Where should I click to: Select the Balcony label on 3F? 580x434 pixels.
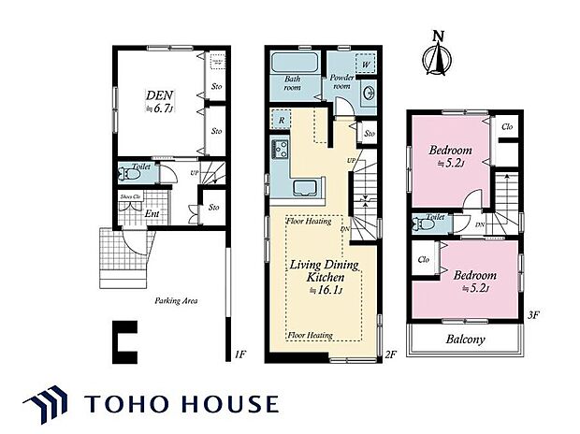coord(464,340)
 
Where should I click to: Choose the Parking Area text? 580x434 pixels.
coord(175,301)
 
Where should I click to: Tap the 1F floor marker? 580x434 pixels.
coord(239,354)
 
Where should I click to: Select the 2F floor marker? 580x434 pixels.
coord(392,354)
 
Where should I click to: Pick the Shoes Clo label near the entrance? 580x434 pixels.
coord(129,197)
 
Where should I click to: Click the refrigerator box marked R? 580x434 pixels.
coord(282,121)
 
